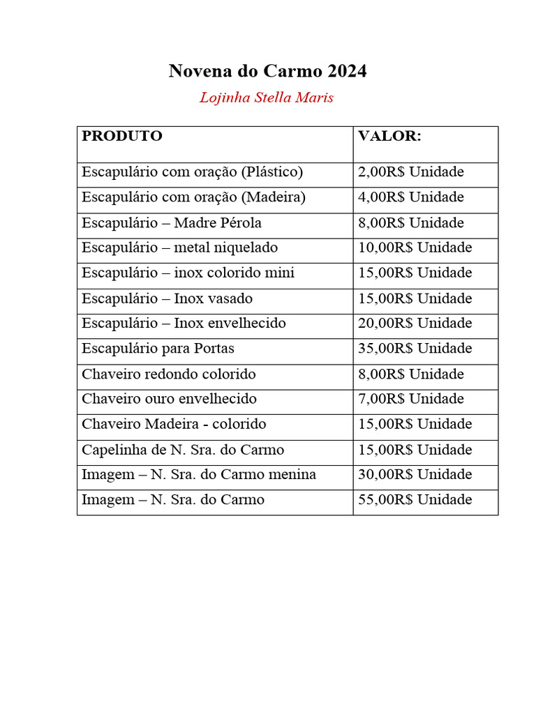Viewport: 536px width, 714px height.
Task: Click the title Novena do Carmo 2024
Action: pos(267,71)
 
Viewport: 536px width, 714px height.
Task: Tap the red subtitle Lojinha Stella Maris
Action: pos(267,98)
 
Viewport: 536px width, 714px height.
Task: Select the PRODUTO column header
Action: pos(122,136)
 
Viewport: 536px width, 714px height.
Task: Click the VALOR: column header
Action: pos(389,136)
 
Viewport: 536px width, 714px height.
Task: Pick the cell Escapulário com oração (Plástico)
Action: pos(192,172)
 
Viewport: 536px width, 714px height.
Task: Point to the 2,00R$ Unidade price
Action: pos(410,172)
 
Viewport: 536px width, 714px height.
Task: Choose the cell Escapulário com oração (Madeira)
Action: pos(193,197)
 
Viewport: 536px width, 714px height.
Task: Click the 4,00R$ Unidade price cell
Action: pos(410,197)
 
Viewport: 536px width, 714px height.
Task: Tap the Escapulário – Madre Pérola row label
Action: pos(172,223)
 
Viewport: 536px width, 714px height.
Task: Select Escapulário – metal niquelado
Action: pos(179,248)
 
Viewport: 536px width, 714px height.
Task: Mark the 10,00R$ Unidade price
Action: pos(415,248)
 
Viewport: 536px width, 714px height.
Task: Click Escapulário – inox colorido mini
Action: pos(188,273)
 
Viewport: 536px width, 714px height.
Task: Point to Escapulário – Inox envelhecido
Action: pos(184,324)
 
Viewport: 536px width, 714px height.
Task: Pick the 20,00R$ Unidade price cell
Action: pos(415,324)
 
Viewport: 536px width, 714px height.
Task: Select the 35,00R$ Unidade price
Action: pos(415,349)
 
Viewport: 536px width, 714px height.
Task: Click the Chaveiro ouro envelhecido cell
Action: pos(169,399)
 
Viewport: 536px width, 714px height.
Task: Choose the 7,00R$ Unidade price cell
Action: pos(410,399)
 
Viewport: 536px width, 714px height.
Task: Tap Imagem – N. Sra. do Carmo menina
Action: pos(199,475)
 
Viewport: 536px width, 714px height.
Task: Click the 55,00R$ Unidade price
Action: pos(415,500)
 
